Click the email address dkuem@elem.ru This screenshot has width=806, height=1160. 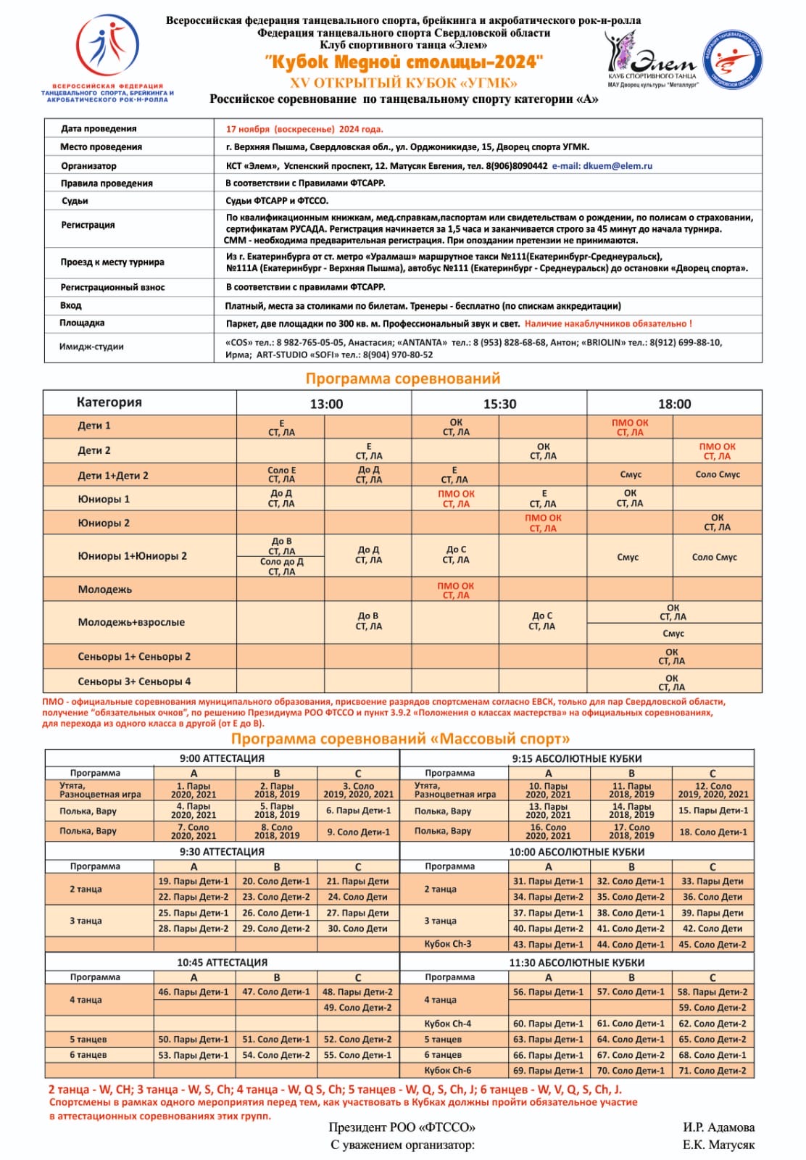click(617, 166)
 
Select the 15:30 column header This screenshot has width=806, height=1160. click(499, 404)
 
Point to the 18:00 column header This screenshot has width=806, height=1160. click(674, 404)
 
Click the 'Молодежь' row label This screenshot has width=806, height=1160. click(105, 589)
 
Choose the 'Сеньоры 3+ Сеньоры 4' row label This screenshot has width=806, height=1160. click(134, 681)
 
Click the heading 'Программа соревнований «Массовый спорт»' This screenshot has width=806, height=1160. click(400, 739)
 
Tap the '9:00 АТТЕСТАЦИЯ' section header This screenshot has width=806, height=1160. click(222, 758)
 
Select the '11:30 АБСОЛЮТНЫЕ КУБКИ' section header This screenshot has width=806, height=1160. click(576, 963)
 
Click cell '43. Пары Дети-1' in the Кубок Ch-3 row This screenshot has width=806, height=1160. click(548, 945)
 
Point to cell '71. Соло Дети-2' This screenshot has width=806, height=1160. click(712, 1071)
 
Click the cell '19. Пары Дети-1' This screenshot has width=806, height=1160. click(194, 882)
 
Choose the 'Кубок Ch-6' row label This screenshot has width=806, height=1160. click(447, 1071)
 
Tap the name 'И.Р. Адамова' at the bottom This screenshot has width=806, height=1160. click(718, 1127)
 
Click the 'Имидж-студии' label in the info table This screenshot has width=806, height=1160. click(91, 347)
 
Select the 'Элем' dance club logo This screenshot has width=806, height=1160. click(652, 60)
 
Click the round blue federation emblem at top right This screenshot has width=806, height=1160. click(733, 59)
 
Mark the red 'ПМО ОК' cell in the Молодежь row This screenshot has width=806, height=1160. click(455, 590)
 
